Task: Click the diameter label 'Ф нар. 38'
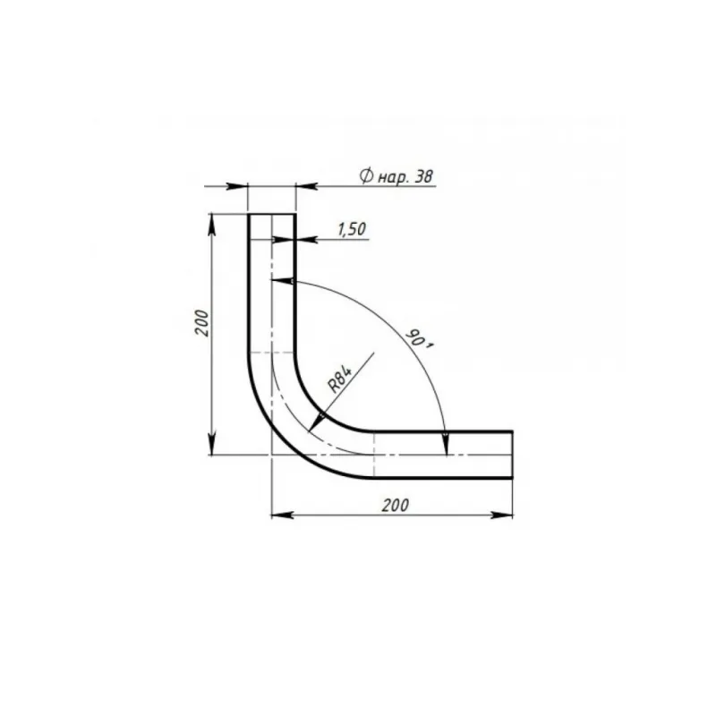(x=396, y=176)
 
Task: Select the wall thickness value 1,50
(x=352, y=229)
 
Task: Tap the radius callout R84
(x=340, y=379)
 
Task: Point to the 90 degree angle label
(x=419, y=339)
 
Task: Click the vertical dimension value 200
(x=201, y=323)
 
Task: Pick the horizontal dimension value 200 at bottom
(x=396, y=506)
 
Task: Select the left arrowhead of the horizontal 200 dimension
(x=282, y=516)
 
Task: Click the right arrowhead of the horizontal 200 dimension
(x=502, y=516)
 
